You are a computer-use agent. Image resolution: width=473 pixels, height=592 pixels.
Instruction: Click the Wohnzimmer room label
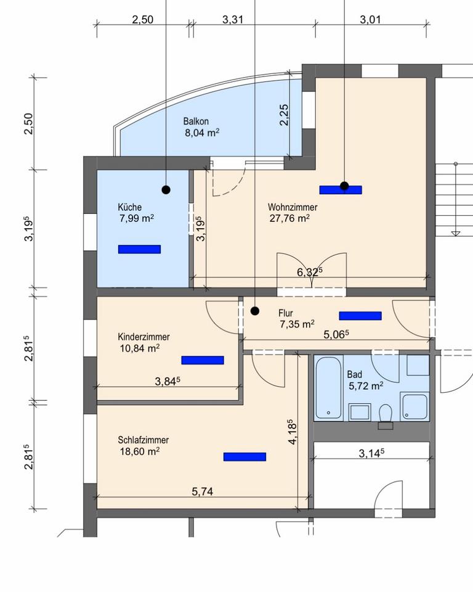point(293,207)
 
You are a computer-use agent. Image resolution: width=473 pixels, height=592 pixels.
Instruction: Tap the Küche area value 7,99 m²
point(137,218)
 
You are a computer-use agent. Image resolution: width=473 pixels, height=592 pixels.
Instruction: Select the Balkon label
point(196,121)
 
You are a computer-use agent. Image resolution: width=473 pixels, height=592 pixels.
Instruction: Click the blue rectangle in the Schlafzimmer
point(245,457)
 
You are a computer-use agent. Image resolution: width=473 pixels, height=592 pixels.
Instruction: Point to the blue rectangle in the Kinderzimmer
point(203,360)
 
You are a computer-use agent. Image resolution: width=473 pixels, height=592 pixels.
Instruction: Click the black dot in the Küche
point(166,189)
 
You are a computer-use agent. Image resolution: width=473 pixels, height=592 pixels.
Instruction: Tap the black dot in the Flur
point(255,311)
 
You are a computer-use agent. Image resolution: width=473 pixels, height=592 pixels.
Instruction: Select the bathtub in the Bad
point(328,388)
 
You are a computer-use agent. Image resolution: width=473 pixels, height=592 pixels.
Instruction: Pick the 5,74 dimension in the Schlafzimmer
point(203,491)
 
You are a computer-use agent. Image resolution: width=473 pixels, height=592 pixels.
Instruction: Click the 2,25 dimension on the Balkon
point(284,115)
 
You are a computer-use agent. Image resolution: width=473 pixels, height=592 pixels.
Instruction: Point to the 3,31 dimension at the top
point(232,20)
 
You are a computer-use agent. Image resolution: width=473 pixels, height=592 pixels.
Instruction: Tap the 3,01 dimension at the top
point(370,20)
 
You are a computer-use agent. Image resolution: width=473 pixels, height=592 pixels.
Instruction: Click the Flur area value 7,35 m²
point(297,324)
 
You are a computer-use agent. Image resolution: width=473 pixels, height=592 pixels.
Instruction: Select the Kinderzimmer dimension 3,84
point(168,381)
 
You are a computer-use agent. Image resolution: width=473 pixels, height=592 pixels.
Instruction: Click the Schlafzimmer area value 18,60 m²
point(140,451)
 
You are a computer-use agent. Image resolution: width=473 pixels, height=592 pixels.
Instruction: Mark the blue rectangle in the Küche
point(140,249)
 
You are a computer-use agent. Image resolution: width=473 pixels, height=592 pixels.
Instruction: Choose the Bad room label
point(355,374)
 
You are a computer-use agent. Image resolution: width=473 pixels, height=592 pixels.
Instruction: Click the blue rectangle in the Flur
point(360,316)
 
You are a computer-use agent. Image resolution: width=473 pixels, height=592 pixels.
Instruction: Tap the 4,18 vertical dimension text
point(293,432)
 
